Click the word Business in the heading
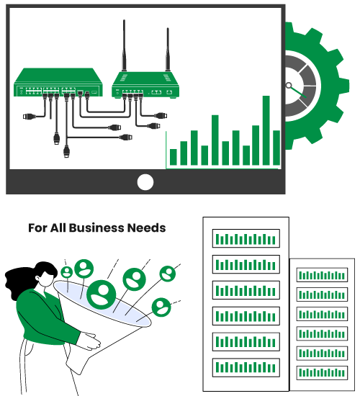(x=96, y=228)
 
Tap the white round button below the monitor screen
(x=145, y=182)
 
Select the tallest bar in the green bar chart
(x=266, y=130)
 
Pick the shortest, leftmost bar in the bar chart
(x=174, y=157)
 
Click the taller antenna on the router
(x=124, y=45)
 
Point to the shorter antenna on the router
(x=168, y=50)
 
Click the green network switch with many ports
(x=58, y=82)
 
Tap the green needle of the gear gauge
(x=298, y=92)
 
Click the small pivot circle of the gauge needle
(x=288, y=85)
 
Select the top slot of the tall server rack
(x=246, y=238)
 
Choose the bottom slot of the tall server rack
(x=246, y=367)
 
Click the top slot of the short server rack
(x=322, y=275)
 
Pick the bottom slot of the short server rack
(x=322, y=373)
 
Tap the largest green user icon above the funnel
(x=102, y=294)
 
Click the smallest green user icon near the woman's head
(x=67, y=272)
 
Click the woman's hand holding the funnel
(x=89, y=341)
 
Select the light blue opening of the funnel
(x=102, y=304)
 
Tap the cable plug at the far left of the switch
(x=29, y=117)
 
